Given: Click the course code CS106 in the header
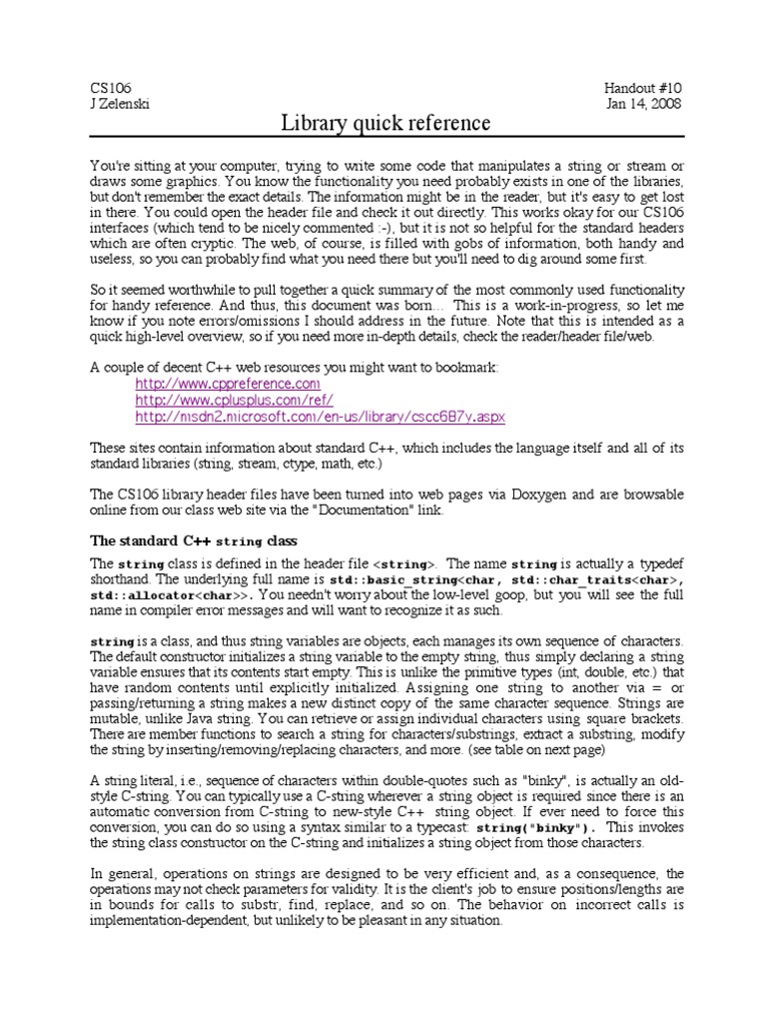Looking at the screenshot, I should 111,88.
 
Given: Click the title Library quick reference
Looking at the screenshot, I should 385,123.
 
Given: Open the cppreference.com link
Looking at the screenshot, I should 228,384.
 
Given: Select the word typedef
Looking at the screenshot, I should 658,563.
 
